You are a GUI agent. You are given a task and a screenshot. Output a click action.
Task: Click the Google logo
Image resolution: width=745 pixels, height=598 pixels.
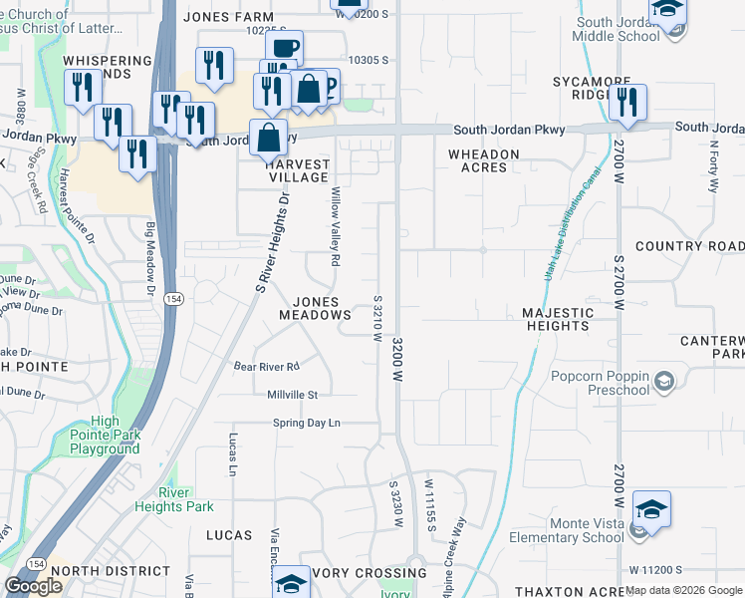[x=33, y=586]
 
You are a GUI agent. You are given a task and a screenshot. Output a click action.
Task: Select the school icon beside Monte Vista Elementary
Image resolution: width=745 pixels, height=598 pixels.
[x=651, y=509]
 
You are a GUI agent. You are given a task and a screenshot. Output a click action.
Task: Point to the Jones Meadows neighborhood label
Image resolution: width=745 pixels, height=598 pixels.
[x=316, y=308]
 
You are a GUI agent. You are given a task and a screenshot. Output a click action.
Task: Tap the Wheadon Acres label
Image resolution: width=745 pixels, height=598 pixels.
[x=484, y=160]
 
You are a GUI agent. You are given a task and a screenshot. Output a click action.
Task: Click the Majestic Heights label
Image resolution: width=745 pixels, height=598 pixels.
[x=558, y=319]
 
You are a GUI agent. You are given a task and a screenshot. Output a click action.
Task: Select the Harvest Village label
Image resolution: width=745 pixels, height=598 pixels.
[x=299, y=170]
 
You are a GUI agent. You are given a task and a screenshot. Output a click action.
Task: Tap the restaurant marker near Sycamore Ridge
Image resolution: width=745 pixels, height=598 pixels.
[x=627, y=102]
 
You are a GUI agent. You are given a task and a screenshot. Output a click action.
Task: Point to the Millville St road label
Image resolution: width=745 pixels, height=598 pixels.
[x=292, y=395]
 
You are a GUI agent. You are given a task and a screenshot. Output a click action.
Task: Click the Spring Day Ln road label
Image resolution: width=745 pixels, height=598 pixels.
[x=307, y=424]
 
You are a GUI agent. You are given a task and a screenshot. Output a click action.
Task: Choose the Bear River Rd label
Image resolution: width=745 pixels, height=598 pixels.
[x=266, y=367]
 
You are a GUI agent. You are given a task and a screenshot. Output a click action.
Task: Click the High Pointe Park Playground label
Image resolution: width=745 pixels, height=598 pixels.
[x=105, y=436]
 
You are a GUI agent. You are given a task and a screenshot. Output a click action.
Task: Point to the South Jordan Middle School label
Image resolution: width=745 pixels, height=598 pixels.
[x=617, y=30]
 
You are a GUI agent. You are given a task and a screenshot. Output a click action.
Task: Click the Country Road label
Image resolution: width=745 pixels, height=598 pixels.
[x=689, y=246]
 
